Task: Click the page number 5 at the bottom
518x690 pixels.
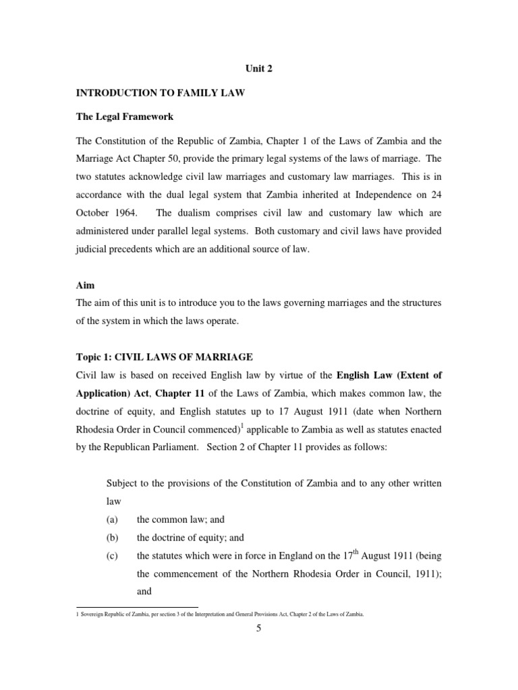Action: (x=259, y=629)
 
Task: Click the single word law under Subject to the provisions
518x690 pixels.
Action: (x=114, y=501)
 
